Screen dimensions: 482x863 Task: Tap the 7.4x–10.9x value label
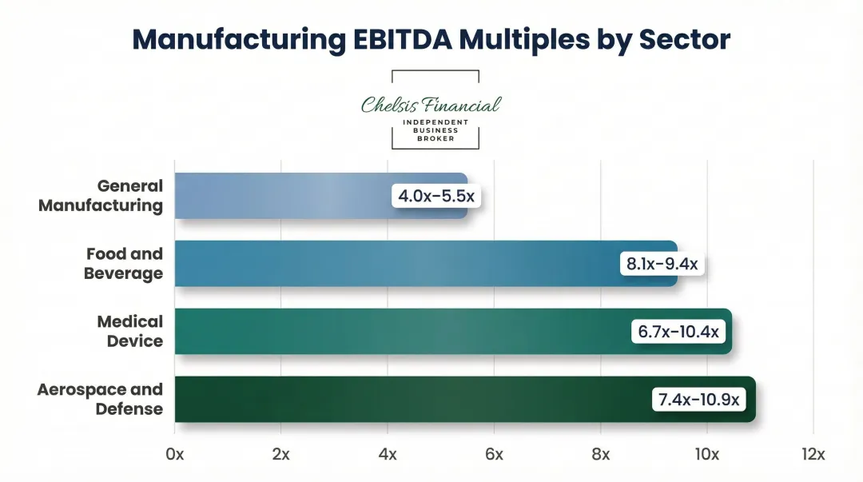699,400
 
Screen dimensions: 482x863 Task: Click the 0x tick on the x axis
174,455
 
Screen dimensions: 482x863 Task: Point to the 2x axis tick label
280,455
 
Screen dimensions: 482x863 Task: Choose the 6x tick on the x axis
494,455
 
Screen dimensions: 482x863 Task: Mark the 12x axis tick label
813,455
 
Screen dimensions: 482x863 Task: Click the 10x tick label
706,455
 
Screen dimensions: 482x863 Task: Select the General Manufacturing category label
101,196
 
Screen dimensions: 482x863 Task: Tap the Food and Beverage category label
124,264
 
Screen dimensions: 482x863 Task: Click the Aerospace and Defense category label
100,400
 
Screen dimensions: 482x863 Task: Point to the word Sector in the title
685,39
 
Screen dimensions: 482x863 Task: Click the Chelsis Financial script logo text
431,105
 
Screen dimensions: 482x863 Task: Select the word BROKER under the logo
435,138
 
